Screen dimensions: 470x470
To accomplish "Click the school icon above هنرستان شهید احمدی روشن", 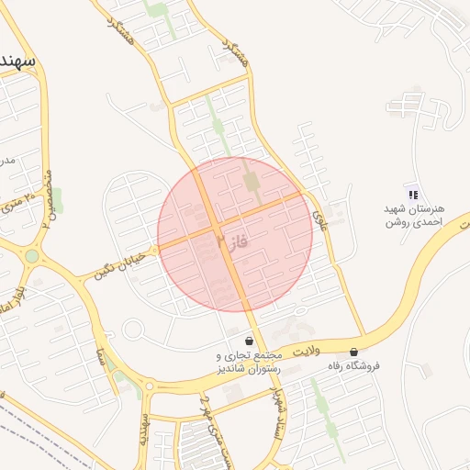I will click(x=413, y=194).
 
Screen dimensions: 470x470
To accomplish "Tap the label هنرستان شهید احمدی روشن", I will click(x=413, y=216).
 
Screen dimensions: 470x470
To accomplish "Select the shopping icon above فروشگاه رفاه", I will click(x=354, y=352).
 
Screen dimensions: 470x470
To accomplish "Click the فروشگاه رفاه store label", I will click(x=354, y=365).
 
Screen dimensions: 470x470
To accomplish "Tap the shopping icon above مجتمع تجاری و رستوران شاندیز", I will click(x=250, y=341).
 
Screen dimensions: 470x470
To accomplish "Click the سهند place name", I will click(x=18, y=62).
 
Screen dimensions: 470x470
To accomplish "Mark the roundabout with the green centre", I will click(x=32, y=256).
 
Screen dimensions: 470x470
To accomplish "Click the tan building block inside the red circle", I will click(x=252, y=182).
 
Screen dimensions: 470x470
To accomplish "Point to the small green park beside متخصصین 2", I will click(x=58, y=199).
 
